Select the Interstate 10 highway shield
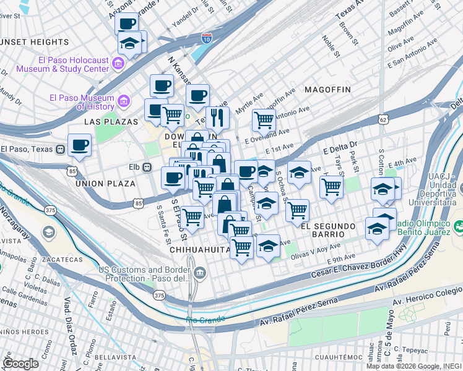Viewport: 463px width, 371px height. (x=206, y=39)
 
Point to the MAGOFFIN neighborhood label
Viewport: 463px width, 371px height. (x=327, y=90)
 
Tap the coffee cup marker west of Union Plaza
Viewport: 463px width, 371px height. (x=79, y=146)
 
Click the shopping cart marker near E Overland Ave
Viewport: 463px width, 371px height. (x=264, y=119)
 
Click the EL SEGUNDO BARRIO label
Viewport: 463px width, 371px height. (x=322, y=230)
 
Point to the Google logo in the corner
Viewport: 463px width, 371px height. (x=20, y=363)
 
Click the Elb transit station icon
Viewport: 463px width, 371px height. (x=147, y=166)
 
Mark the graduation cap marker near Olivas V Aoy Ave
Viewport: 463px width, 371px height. (x=268, y=246)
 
